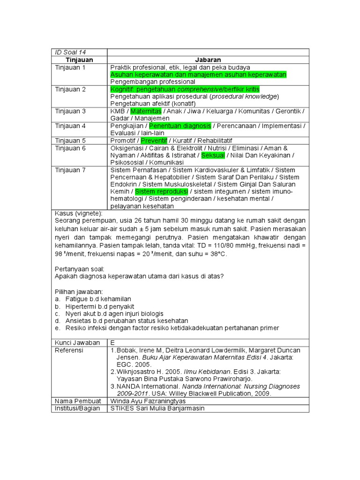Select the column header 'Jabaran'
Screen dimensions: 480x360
point(208,60)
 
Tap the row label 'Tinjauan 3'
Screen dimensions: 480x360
point(70,111)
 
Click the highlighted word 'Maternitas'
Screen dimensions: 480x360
point(146,111)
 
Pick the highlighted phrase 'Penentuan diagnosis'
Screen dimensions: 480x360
point(180,126)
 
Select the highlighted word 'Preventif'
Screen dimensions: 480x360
point(154,141)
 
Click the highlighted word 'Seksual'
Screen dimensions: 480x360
point(213,155)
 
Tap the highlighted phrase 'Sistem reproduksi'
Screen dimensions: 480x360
point(162,192)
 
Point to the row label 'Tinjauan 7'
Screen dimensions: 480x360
point(70,170)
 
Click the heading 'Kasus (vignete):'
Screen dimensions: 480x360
point(82,213)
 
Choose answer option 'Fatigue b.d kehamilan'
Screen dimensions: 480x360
point(98,299)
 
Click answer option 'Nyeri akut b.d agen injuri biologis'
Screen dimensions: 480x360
point(114,313)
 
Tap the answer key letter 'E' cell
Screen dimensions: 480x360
point(112,343)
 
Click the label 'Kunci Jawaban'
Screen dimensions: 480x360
point(77,343)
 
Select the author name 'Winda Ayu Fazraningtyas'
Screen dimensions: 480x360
point(148,401)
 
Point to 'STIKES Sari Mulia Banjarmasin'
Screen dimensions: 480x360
point(157,408)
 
